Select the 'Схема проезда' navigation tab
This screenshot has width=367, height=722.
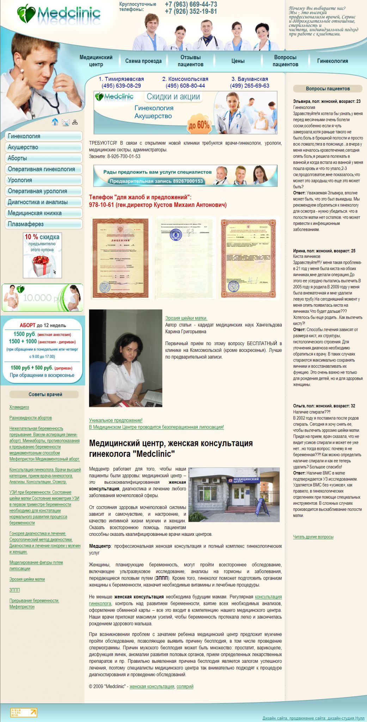tap(143, 61)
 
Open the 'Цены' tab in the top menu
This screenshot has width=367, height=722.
tap(238, 61)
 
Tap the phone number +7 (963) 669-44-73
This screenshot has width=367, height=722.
tap(191, 4)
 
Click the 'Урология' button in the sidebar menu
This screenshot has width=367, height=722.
tap(44, 180)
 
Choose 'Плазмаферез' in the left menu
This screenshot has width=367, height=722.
tap(44, 224)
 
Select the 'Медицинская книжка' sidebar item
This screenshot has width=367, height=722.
tap(44, 213)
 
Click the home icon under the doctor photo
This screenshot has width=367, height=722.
tap(55, 122)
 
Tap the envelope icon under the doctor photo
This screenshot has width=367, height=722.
tap(66, 122)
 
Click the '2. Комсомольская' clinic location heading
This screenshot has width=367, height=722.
tap(185, 79)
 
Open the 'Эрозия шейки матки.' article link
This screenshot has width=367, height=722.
tap(186, 318)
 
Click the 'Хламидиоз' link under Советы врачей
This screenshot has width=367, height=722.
tap(19, 407)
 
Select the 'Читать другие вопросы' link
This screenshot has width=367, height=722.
tap(313, 537)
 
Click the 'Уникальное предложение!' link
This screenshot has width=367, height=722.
tap(116, 420)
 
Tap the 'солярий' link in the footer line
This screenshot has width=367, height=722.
tap(185, 686)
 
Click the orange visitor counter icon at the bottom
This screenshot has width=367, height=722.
tap(24, 712)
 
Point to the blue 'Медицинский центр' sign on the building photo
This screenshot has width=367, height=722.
tap(246, 480)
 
